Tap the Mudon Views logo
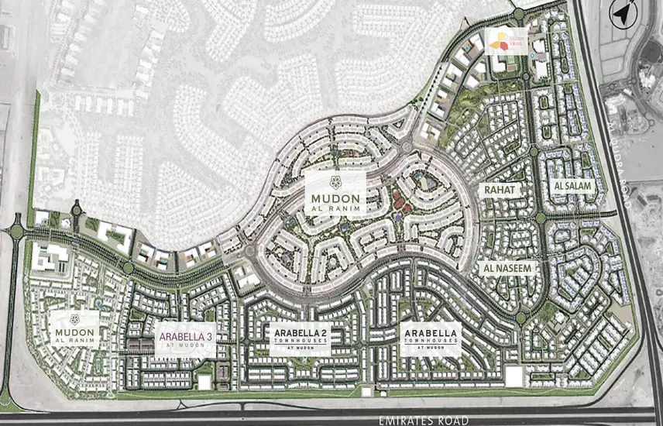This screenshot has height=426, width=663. coord(506,41)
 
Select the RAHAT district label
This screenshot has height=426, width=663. coord(500,188)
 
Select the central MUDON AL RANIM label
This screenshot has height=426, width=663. coord(335,195)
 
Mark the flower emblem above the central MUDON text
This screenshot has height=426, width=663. coord(335,182)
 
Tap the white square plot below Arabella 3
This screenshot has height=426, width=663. coord(204,382)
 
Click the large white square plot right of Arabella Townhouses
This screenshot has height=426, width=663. coord(513,376)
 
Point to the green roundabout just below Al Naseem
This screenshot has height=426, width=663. coord(520,318)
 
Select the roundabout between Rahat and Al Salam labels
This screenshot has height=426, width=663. coord(540,218)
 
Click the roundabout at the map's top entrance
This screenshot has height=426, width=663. coord(518,14)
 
